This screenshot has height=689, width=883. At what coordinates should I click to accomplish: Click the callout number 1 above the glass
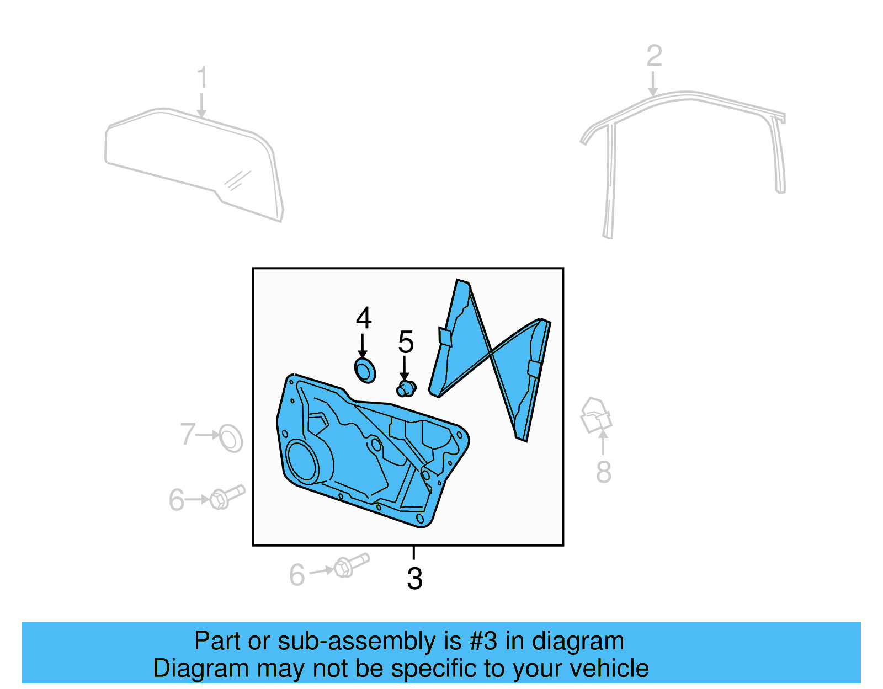coord(203,77)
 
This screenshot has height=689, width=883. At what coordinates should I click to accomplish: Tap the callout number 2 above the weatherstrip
coord(654,56)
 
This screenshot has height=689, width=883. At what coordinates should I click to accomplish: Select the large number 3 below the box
coord(414,579)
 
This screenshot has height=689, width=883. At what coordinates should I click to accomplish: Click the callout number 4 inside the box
coord(364,318)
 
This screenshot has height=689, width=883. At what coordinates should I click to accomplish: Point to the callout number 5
coord(406,342)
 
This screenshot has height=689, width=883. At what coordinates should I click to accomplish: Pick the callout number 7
coord(188,434)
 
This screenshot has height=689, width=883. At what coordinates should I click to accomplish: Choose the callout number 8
coord(603,472)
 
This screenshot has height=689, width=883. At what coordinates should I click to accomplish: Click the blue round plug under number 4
coord(365,370)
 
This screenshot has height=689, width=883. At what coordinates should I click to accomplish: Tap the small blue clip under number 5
coord(406,388)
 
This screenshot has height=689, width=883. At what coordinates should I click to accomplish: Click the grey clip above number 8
coord(596,416)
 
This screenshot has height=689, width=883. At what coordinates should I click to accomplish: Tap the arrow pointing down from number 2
coord(653,84)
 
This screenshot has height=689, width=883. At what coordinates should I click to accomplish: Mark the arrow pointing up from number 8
coord(603,442)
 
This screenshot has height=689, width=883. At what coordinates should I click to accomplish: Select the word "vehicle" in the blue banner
coord(609,669)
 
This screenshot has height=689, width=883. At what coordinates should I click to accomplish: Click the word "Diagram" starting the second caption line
coord(201,670)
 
